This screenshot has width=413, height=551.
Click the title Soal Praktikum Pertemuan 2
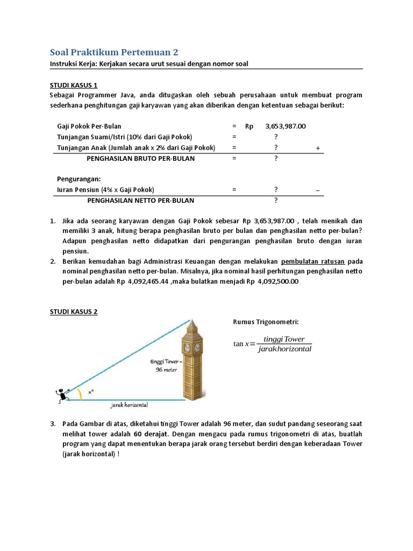113,52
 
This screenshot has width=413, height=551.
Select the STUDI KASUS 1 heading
74,85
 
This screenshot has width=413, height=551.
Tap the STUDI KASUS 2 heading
74,312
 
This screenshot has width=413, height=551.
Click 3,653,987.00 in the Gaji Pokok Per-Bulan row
285,126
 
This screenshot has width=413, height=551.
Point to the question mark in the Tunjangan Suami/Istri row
276,137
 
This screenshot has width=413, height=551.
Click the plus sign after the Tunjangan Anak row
318,148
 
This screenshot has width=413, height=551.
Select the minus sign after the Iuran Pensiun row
317,190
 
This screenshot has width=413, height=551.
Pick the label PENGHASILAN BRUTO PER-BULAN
141,159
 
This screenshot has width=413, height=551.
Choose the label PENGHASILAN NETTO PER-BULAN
141,200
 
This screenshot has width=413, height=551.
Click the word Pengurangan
79,179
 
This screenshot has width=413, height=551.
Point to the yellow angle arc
80,394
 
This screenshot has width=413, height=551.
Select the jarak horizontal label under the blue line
130,405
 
